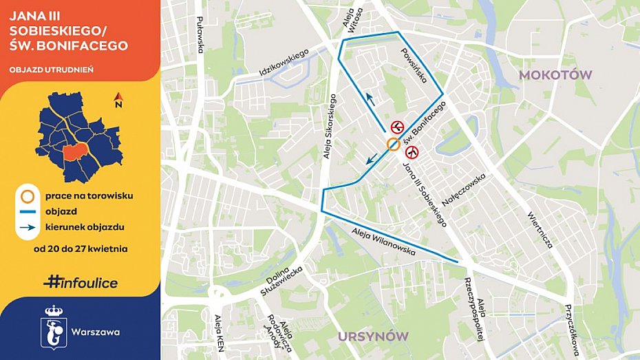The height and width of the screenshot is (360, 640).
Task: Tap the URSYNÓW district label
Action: [373, 336]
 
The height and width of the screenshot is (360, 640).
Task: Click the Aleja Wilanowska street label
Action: [382, 242]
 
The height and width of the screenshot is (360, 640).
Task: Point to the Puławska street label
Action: [200, 35]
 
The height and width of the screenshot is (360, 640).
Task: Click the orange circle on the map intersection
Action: [392, 144]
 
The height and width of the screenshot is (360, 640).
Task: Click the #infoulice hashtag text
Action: [81, 282]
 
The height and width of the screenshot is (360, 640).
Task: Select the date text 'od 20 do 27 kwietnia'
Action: [80, 248]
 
